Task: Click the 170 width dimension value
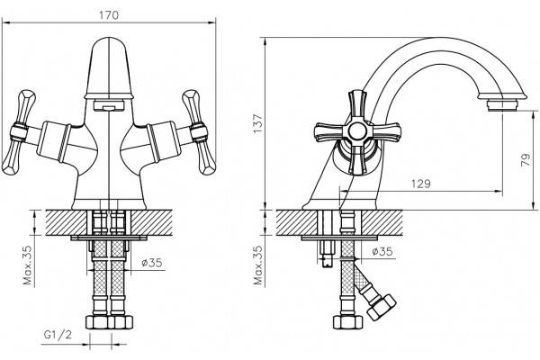coord(109,15)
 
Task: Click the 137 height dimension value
coord(258,123)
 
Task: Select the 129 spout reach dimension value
coord(421,184)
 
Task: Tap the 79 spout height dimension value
coord(526,160)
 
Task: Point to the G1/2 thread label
coord(58,334)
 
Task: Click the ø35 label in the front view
coord(152,263)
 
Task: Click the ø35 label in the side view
coord(382,251)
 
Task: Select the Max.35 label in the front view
coord(28,265)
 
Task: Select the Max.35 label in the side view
coord(258,265)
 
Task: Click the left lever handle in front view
coord(19,132)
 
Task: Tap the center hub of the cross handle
coord(357,131)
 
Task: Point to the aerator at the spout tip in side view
coord(503,105)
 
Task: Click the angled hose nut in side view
coord(382,307)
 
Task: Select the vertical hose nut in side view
coord(347,322)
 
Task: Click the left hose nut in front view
coord(97,322)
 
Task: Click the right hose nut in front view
coord(121,322)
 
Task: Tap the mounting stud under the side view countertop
coord(327,254)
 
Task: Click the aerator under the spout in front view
coord(109,104)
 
